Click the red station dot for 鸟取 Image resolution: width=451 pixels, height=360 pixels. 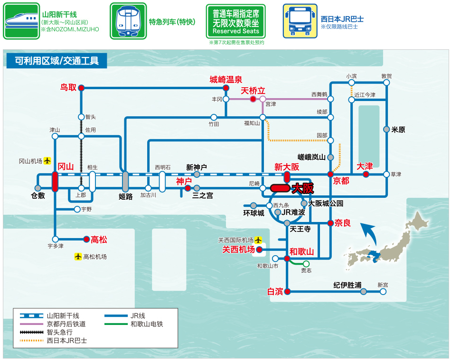click(81, 88)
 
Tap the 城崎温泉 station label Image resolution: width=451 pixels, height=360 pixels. click(226, 80)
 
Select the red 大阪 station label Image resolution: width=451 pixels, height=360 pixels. click(303, 188)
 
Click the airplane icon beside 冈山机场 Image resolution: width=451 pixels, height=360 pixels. click(47, 161)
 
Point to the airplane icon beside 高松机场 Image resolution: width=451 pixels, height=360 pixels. click(78, 257)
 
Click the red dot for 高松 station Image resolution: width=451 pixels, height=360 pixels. click(86, 239)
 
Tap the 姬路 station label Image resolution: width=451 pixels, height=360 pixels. click(126, 196)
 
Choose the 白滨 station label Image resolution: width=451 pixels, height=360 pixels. click(275, 292)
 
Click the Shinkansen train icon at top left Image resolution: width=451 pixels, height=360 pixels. click(21, 21)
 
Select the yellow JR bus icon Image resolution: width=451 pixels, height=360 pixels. click(300, 21)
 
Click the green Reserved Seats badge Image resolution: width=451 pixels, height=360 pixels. click(236, 22)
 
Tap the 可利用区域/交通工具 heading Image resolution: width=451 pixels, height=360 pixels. click(56, 61)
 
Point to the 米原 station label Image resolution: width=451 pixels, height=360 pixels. click(398, 129)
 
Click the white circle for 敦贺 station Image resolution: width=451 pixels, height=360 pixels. click(386, 83)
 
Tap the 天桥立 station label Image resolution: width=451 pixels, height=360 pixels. click(253, 91)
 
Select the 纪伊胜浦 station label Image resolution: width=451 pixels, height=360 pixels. click(347, 285)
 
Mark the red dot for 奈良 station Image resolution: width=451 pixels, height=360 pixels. click(330, 223)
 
